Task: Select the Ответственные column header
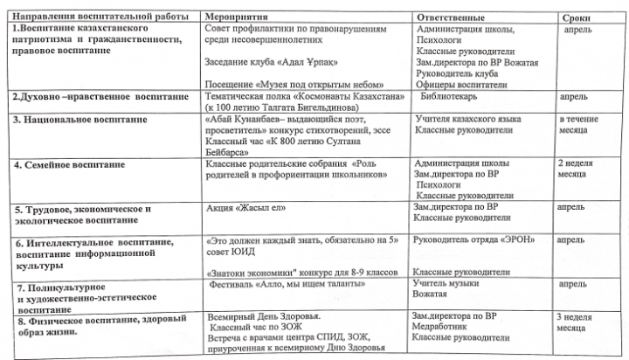pos(451,18)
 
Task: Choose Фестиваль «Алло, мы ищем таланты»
pos(284,285)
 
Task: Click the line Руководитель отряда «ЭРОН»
pos(473,239)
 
